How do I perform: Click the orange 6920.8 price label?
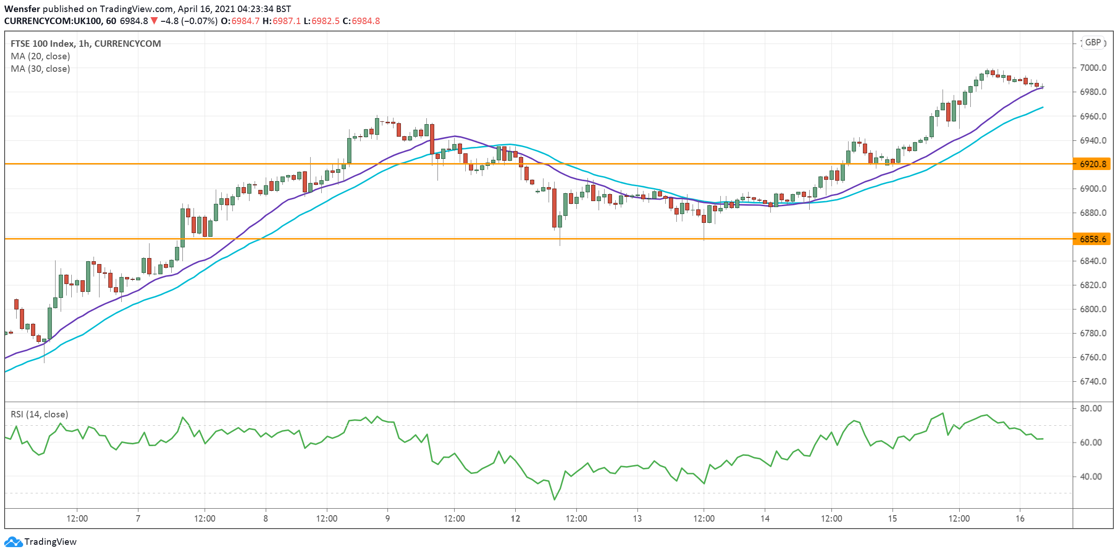(x=1093, y=164)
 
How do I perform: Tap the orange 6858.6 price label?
(x=1093, y=239)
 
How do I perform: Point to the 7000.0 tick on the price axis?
(x=1093, y=68)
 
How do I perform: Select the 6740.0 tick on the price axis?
(x=1093, y=382)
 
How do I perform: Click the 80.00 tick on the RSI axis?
(x=1091, y=409)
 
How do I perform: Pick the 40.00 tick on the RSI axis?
(x=1091, y=477)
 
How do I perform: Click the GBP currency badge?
(x=1093, y=43)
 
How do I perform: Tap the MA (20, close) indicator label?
(x=40, y=57)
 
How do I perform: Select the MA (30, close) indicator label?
(x=40, y=69)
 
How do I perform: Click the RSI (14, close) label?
(x=39, y=415)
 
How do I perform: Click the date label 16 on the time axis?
(x=1020, y=518)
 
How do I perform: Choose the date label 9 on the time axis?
(x=387, y=518)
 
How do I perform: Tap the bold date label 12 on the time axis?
(x=515, y=518)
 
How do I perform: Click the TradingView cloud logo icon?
(x=13, y=542)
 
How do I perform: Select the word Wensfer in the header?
(x=22, y=9)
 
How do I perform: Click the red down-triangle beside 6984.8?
(x=154, y=21)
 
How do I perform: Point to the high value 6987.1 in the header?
(x=287, y=21)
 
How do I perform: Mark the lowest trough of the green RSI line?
(x=554, y=499)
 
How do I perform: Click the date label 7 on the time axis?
(x=138, y=518)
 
